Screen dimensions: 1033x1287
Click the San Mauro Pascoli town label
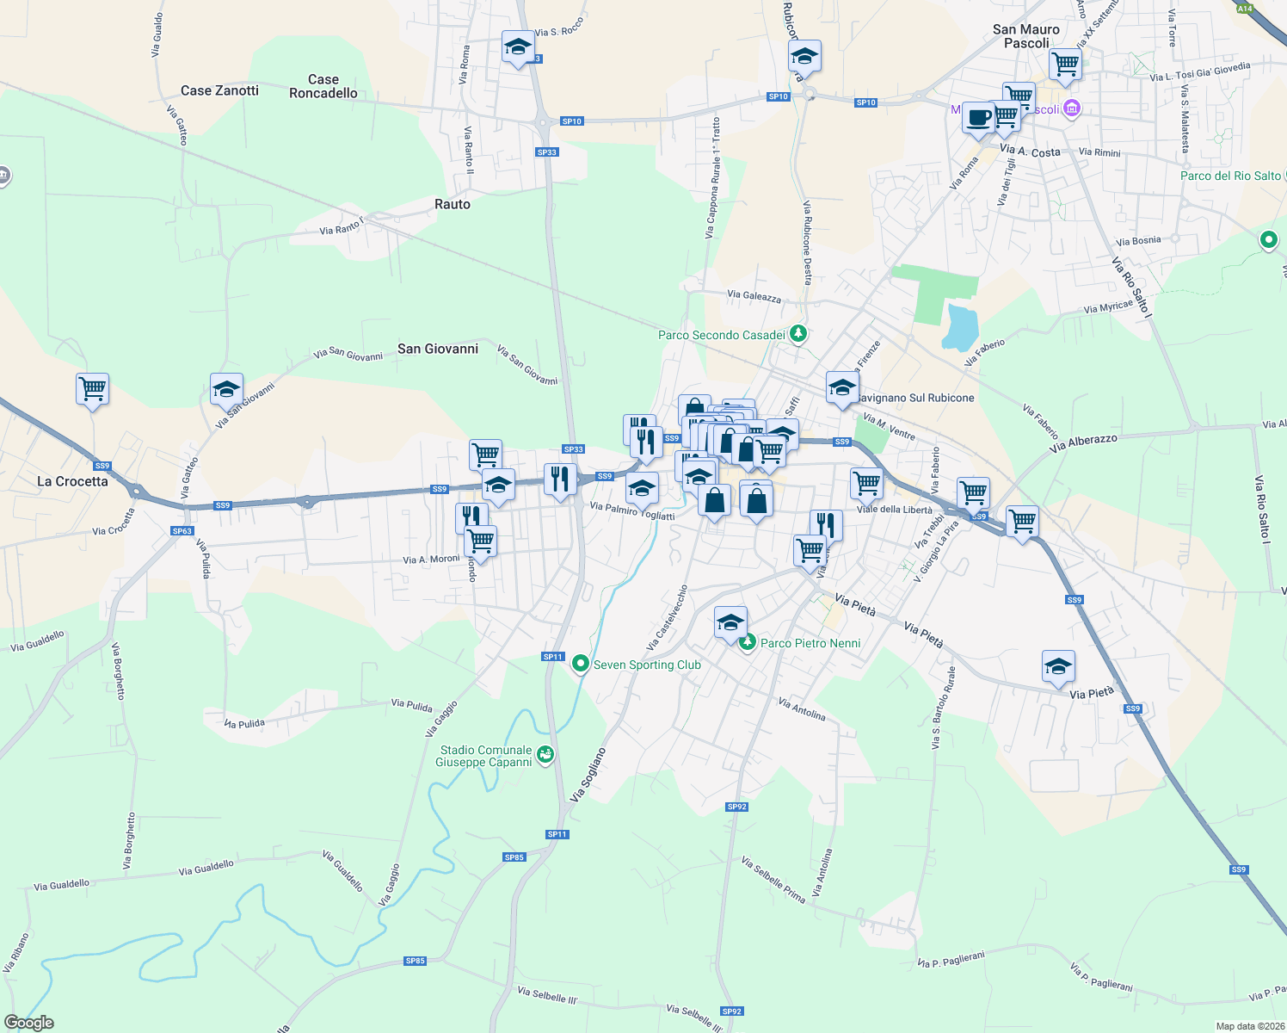1025,36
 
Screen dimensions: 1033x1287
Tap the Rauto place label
453,204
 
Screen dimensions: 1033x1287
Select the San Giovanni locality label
438,349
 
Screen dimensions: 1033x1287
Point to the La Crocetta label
72,481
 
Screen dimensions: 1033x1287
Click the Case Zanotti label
219,90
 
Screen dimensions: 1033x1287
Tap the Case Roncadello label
323,86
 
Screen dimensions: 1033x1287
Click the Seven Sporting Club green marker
581,664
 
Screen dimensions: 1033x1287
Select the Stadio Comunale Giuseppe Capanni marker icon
545,755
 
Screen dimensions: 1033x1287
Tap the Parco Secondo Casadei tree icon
798,334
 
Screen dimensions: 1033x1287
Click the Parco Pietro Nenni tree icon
748,642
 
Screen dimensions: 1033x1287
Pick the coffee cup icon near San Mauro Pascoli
978,117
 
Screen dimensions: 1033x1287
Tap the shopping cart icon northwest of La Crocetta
92,389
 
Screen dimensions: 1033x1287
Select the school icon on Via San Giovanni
226,389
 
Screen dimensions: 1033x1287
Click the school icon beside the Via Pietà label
1058,666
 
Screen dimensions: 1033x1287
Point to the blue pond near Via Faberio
961,327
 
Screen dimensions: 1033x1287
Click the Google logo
29,1022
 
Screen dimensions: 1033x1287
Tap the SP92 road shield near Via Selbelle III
731,1011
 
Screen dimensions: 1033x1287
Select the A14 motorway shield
1245,8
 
